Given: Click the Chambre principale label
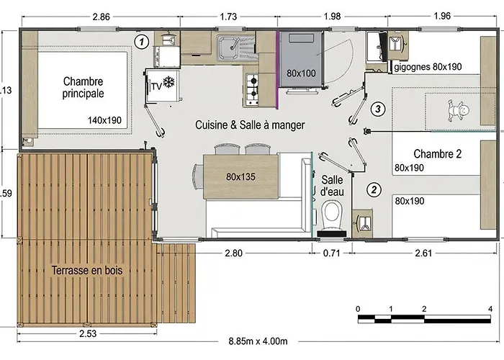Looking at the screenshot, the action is click(83, 87).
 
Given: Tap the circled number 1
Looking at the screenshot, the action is click(141, 42).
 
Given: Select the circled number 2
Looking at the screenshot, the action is click(374, 189).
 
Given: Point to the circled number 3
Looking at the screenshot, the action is click(378, 109).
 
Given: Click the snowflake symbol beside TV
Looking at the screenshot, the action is click(168, 82).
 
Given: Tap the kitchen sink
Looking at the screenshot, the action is click(236, 48).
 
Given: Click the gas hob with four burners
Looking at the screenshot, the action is click(252, 89).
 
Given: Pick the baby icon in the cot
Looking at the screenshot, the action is click(458, 111).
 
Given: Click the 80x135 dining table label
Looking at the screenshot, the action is click(240, 176).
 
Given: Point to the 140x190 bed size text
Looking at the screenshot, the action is click(104, 120).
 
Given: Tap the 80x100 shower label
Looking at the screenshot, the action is click(301, 73).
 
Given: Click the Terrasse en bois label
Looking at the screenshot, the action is click(87, 270).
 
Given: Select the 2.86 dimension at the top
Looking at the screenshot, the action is click(102, 17).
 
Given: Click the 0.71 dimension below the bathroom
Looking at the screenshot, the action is click(331, 253).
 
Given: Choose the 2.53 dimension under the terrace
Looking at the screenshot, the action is click(88, 333).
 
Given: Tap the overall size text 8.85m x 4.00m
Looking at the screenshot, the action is click(258, 341).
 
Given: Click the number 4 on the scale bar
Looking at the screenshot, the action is click(490, 309).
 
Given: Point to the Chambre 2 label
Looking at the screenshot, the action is click(438, 154).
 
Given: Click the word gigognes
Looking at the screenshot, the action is click(412, 67).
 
